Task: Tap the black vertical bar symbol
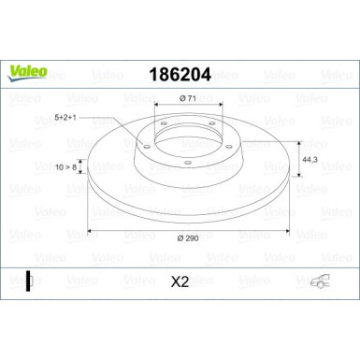28,279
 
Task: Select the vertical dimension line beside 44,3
298,161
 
